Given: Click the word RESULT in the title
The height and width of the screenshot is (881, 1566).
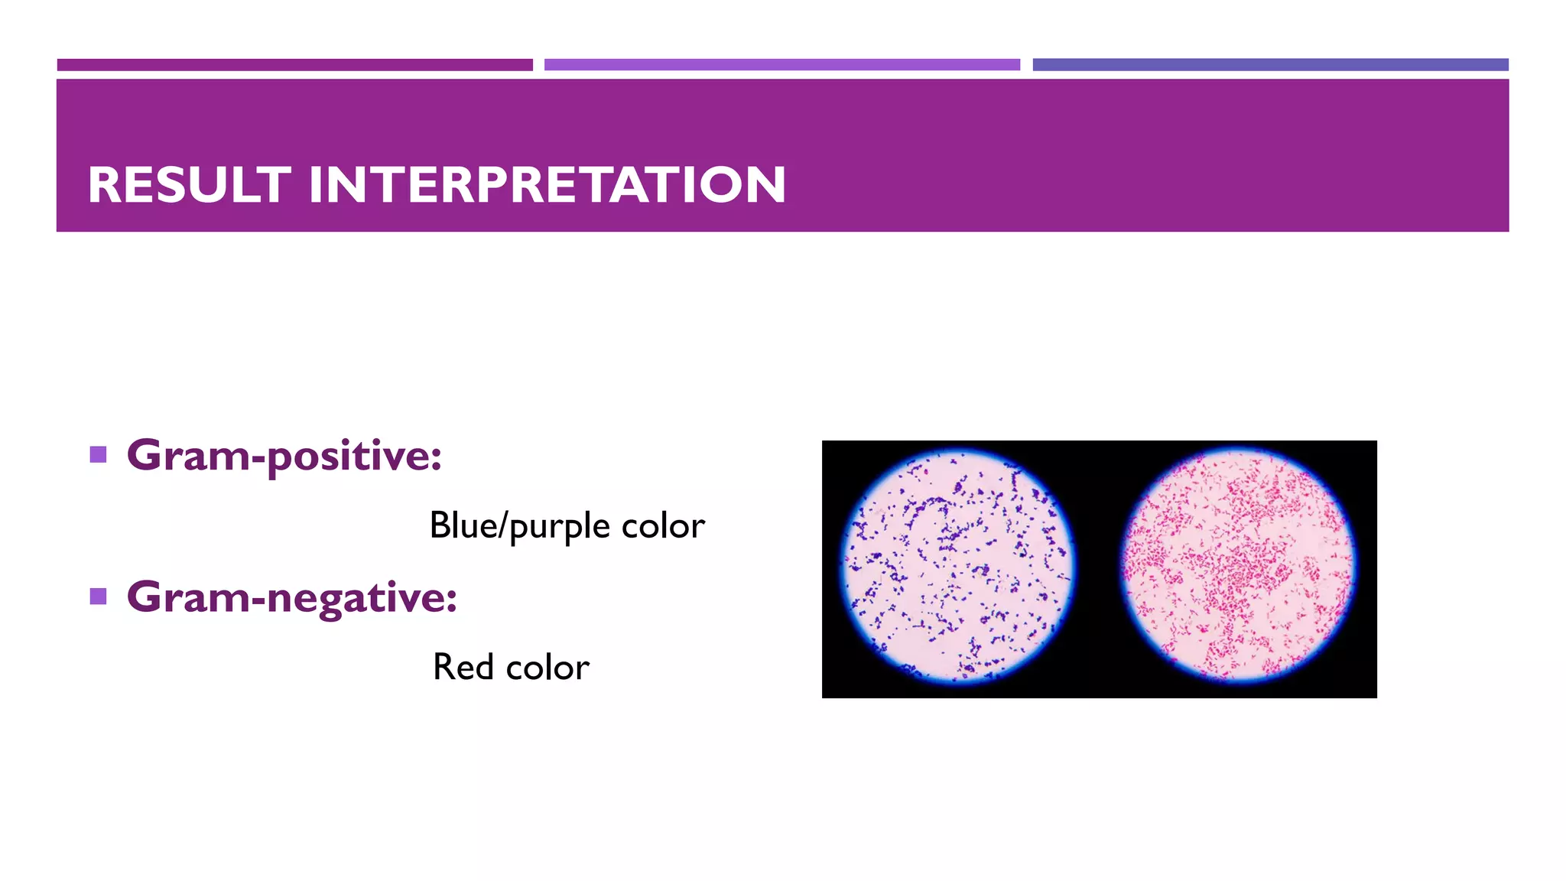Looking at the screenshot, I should point(189,185).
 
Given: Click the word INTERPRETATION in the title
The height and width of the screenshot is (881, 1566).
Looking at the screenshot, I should point(547,185).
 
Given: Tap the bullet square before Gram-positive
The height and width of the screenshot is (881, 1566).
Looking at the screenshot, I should point(98,455).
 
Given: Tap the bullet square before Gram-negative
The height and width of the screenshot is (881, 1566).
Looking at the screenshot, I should point(98,596).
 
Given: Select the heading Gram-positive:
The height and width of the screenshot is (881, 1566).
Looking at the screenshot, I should point(284,456).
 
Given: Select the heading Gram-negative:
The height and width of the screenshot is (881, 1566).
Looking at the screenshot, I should point(291,597).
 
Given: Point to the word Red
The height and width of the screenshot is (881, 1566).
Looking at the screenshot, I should point(463,667).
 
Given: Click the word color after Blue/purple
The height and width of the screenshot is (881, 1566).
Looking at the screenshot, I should point(663,526).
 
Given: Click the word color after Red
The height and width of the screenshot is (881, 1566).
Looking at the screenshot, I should point(547,668).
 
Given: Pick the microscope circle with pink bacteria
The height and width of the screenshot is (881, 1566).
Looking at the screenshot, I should point(1238,566).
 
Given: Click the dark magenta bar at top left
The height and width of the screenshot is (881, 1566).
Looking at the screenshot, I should point(294,65).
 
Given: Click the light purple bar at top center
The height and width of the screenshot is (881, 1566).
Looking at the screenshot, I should point(781,65).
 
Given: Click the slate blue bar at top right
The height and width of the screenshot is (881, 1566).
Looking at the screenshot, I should point(1270,65).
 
